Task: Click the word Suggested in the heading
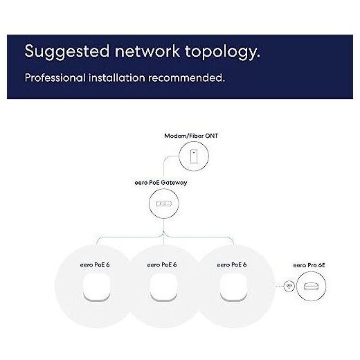tap(67, 52)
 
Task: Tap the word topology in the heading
tap(222, 52)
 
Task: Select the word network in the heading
tap(147, 51)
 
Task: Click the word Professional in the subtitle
tap(55, 78)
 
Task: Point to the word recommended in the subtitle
tap(186, 78)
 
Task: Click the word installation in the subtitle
tap(117, 78)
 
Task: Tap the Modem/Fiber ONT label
tap(191, 136)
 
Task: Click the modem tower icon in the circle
tap(194, 156)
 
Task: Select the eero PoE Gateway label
tap(161, 183)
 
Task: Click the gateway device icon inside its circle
tap(164, 204)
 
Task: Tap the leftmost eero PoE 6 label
tap(95, 264)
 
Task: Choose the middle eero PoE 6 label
tap(162, 264)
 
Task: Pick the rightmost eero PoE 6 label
tap(232, 264)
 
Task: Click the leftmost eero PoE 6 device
tap(96, 287)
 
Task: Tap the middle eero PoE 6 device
tap(163, 287)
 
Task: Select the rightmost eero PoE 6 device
tap(233, 287)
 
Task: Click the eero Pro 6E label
tap(309, 265)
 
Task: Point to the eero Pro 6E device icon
tap(311, 286)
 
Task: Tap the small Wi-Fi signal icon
tap(289, 286)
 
